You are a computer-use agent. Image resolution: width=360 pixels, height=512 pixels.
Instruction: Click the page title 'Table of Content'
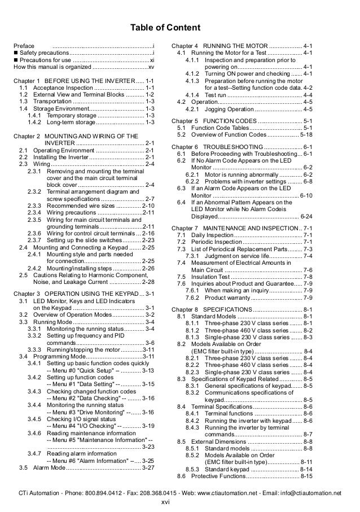[165, 28]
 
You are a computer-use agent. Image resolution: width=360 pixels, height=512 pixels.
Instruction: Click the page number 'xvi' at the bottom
[166, 502]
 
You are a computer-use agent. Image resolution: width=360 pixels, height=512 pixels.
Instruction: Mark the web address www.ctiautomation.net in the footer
[240, 493]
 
